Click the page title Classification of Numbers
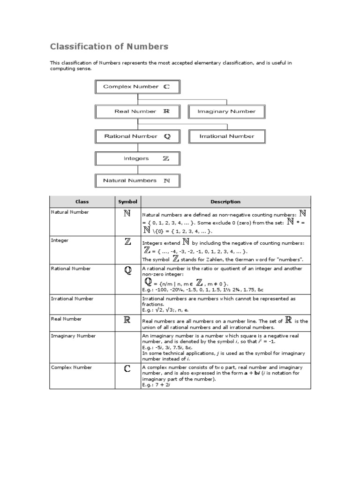click(109, 46)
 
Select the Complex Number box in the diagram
click(137, 87)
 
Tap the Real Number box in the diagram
click(137, 112)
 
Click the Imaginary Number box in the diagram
click(227, 112)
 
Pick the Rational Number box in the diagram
click(137, 136)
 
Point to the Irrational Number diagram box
click(227, 136)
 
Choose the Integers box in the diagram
click(137, 158)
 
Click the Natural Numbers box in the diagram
click(137, 180)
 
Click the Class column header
click(82, 202)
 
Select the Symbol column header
click(127, 202)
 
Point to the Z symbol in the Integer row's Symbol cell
click(127, 242)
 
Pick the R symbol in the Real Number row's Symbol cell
click(127, 320)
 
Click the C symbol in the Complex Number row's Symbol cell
click(127, 369)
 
